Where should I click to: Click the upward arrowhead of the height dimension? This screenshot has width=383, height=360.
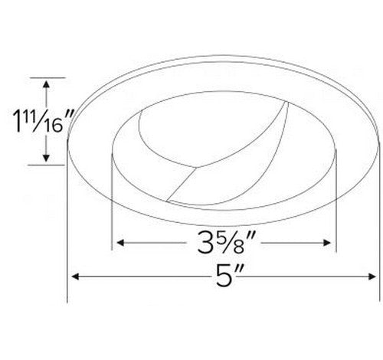(47, 85)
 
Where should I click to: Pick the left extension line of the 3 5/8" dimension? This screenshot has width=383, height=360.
(113, 207)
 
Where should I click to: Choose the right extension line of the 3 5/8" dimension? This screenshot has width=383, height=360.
(338, 207)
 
